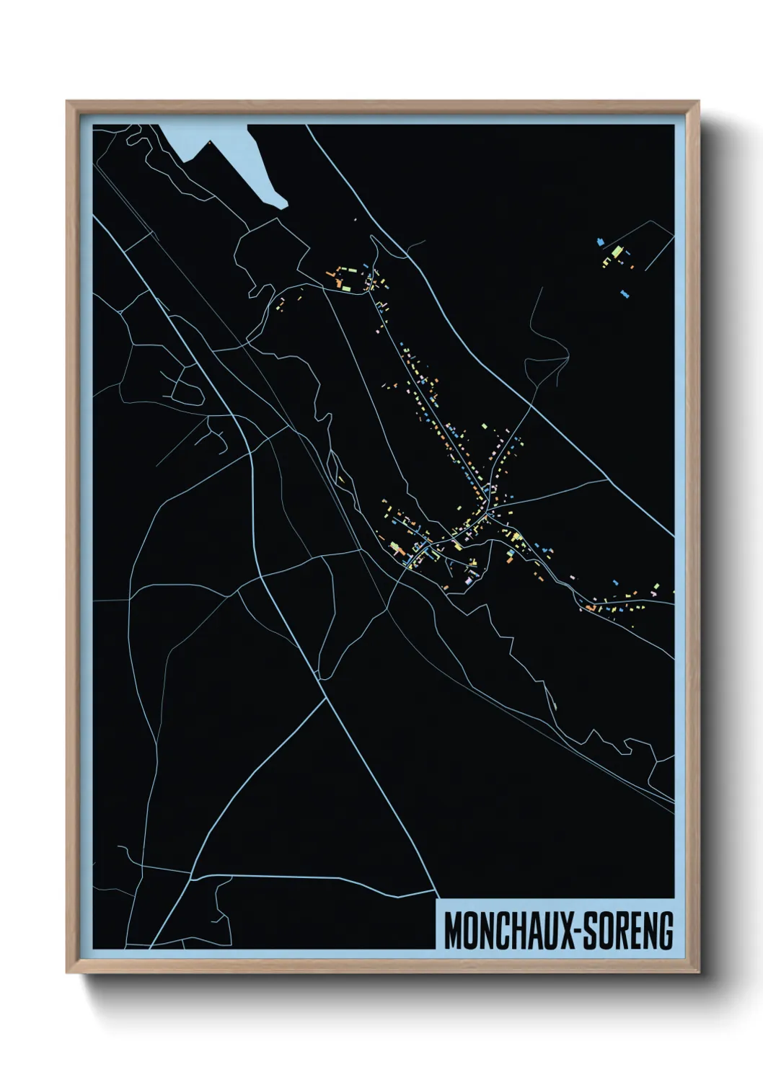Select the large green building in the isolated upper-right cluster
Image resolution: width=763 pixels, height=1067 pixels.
coord(617,252)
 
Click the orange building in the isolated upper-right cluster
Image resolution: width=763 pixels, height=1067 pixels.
coord(632,267)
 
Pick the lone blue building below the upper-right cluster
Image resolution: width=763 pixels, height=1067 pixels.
coord(625,294)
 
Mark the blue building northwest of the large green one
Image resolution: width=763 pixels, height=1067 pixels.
coord(600,242)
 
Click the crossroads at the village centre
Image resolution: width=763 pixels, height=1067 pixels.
coord(488,513)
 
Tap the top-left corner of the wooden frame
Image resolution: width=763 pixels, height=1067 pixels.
coord(67,102)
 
